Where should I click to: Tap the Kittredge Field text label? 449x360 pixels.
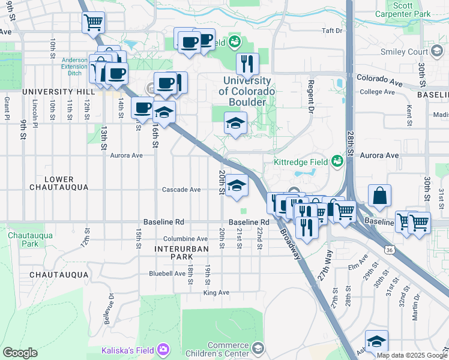pyautogui.click(x=301, y=162)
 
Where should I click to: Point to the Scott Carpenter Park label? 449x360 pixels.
pyautogui.click(x=411, y=9)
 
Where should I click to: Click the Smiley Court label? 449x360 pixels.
pyautogui.click(x=404, y=52)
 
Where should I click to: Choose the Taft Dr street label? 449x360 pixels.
pyautogui.click(x=331, y=31)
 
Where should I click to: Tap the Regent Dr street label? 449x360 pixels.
pyautogui.click(x=311, y=95)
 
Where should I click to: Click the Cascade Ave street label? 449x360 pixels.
pyautogui.click(x=181, y=190)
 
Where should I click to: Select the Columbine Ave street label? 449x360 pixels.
pyautogui.click(x=185, y=239)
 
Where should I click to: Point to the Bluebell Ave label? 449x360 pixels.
pyautogui.click(x=167, y=274)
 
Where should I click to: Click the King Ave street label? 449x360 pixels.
pyautogui.click(x=216, y=293)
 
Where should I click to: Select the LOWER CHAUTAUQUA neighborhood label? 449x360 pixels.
pyautogui.click(x=59, y=184)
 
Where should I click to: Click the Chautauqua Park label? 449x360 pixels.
pyautogui.click(x=22, y=239)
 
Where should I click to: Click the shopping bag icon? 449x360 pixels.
pyautogui.click(x=380, y=196)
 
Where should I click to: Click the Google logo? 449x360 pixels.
pyautogui.click(x=20, y=353)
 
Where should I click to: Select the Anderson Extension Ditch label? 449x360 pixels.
pyautogui.click(x=74, y=67)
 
